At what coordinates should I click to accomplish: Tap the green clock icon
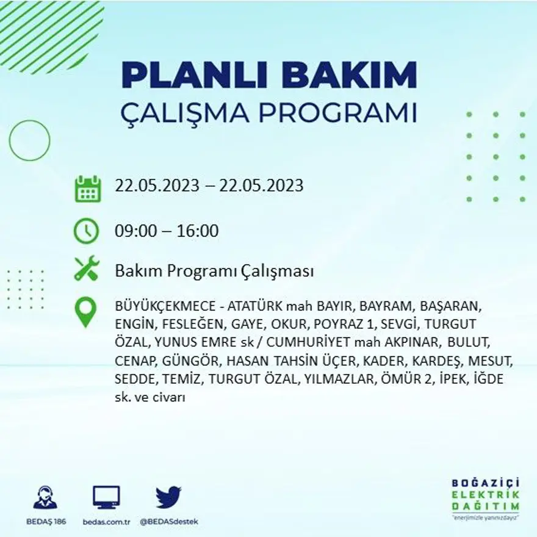[x=86, y=231]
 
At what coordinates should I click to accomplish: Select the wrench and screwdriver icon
[x=86, y=268]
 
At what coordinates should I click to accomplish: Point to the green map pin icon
[x=85, y=312]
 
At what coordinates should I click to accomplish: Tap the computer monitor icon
[x=106, y=497]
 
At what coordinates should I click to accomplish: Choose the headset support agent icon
[x=45, y=497]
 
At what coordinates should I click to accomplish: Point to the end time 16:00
[x=198, y=231]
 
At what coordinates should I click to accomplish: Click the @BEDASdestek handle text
[x=169, y=522]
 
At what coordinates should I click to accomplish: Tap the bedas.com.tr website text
[x=107, y=522]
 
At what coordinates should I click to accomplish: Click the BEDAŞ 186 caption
[x=46, y=522]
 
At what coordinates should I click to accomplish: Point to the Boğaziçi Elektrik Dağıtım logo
[x=486, y=498]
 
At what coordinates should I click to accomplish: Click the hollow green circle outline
[x=29, y=141]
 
